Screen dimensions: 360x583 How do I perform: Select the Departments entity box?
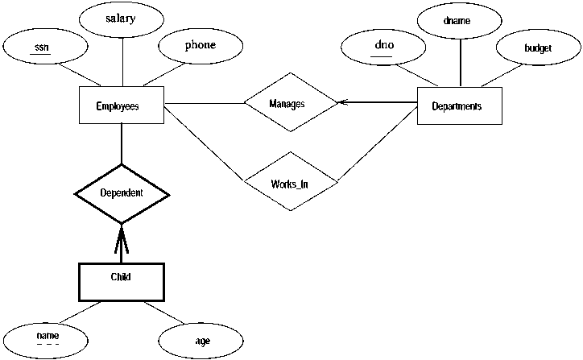tap(457, 106)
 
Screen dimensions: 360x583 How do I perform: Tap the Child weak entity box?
tap(121, 278)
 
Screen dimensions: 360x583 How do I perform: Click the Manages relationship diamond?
tap(290, 104)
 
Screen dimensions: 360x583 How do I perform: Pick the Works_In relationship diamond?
tap(290, 181)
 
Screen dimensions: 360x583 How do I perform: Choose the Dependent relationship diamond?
tap(122, 193)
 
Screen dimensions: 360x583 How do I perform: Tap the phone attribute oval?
tap(200, 45)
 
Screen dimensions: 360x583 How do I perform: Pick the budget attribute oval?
tap(537, 49)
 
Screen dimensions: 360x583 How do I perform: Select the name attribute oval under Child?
tap(47, 335)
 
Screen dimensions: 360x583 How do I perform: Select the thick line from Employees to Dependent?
tap(121, 145)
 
